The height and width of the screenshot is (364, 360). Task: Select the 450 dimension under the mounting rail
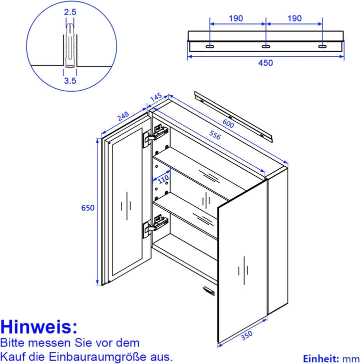point(265,63)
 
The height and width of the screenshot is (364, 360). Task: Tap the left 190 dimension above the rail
point(236,19)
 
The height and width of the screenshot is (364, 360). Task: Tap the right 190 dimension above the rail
point(294,19)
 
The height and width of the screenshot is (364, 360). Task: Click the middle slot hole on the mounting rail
point(265,47)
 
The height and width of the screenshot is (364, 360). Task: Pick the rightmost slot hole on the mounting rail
point(322,47)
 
